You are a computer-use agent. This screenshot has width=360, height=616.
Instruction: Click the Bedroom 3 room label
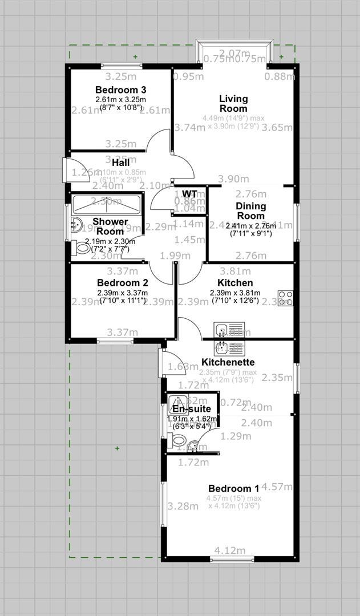(121, 90)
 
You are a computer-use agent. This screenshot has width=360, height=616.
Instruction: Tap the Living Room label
(233, 104)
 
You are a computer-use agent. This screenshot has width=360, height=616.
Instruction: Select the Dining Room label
(250, 211)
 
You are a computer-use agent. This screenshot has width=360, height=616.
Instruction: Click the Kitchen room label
(235, 283)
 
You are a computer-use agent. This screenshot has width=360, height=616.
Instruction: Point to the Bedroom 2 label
(123, 283)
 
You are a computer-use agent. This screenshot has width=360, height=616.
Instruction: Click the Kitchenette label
(228, 362)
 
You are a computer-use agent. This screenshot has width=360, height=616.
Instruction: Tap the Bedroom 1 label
(233, 488)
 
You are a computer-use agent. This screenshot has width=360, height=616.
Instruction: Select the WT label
(189, 194)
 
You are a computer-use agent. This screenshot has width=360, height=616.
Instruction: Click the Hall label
(121, 163)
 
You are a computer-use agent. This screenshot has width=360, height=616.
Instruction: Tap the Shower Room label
(111, 226)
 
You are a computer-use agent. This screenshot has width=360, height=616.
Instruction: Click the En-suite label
(192, 409)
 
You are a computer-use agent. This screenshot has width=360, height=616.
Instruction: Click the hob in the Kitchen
(285, 298)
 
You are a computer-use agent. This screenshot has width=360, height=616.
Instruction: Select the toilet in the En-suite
(177, 440)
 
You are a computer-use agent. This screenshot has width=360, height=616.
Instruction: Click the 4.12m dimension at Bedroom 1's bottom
(230, 550)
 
